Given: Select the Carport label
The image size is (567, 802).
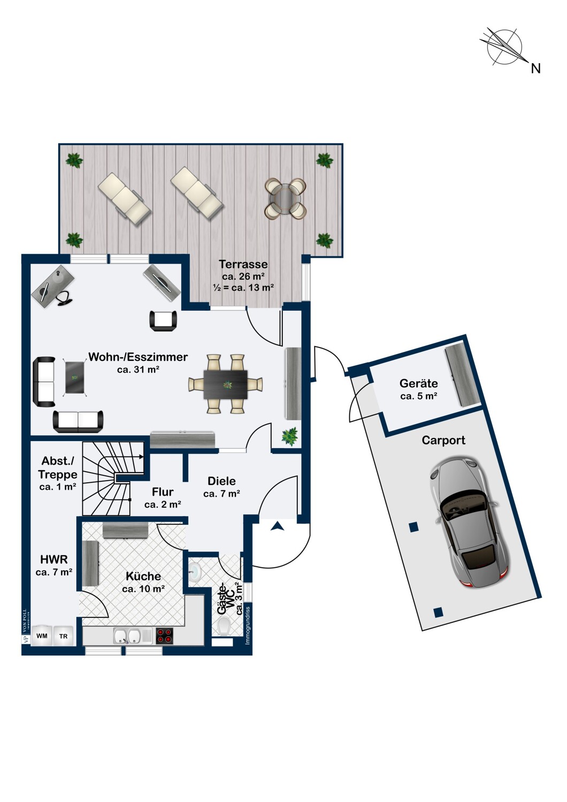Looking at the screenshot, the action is click(443, 441).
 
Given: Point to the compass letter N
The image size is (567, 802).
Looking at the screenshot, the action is click(536, 68).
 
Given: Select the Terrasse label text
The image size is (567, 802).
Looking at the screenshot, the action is click(243, 264).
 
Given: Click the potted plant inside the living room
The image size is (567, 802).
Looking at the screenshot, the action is click(290, 437).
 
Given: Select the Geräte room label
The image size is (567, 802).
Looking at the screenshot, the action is click(418, 383).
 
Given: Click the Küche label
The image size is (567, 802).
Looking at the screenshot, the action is click(143, 576).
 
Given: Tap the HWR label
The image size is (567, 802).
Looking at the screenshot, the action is click(54, 559).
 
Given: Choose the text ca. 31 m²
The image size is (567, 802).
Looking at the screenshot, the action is click(138, 370).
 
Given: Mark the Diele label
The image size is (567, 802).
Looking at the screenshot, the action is click(221, 481).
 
